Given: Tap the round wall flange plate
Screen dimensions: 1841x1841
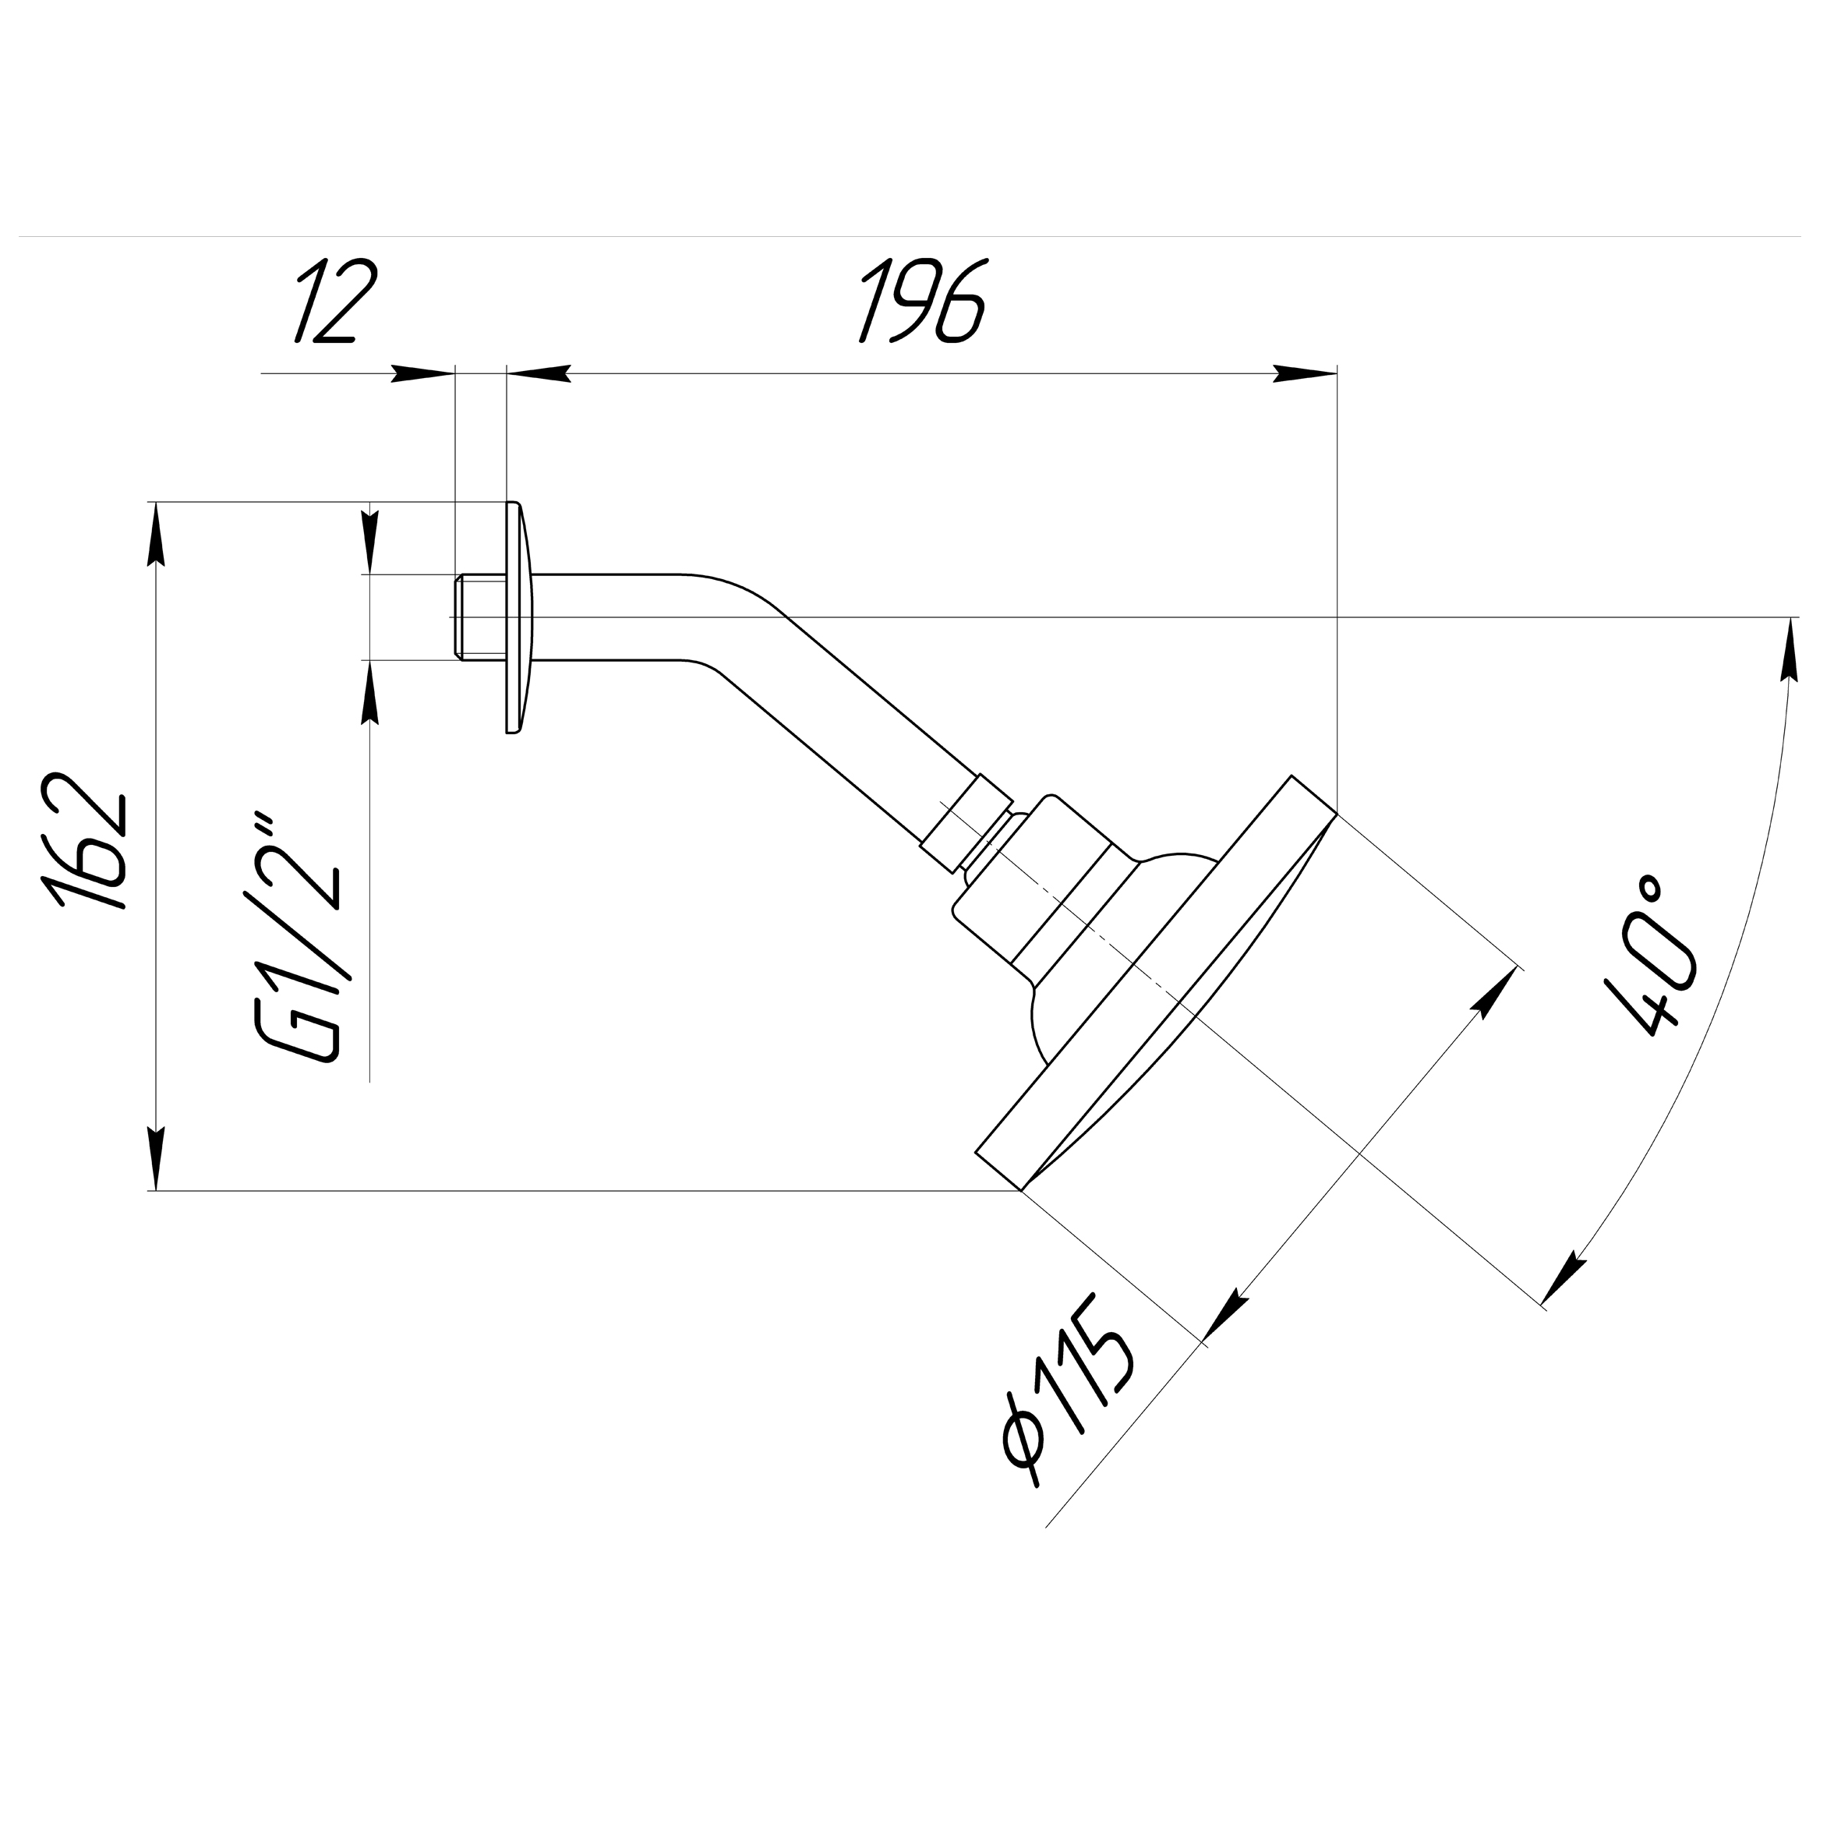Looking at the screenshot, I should (518, 617).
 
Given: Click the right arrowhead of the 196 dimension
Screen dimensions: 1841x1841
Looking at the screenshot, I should (1306, 374).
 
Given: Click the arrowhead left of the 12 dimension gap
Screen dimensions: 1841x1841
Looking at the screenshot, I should (422, 374).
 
